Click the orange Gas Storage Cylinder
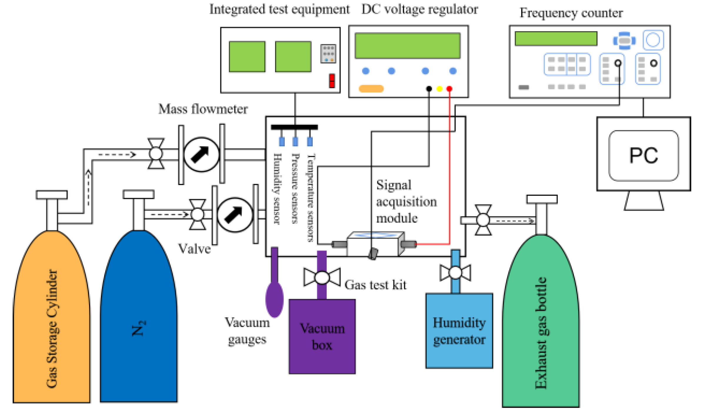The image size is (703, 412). [51, 323]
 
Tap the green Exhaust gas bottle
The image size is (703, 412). [541, 329]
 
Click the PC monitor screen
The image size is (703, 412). [643, 155]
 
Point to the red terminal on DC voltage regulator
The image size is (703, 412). [449, 89]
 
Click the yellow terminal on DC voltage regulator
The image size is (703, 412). [439, 89]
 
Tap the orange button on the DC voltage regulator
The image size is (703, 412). [371, 89]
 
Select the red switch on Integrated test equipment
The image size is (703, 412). [332, 80]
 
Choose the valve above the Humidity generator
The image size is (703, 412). [455, 272]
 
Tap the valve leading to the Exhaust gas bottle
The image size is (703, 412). [483, 220]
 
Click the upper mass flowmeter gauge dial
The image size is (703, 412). [201, 154]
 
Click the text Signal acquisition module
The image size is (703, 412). [406, 202]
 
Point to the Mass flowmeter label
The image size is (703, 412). [203, 109]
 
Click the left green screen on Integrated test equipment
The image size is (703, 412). [247, 56]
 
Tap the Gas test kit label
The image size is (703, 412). [375, 285]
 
